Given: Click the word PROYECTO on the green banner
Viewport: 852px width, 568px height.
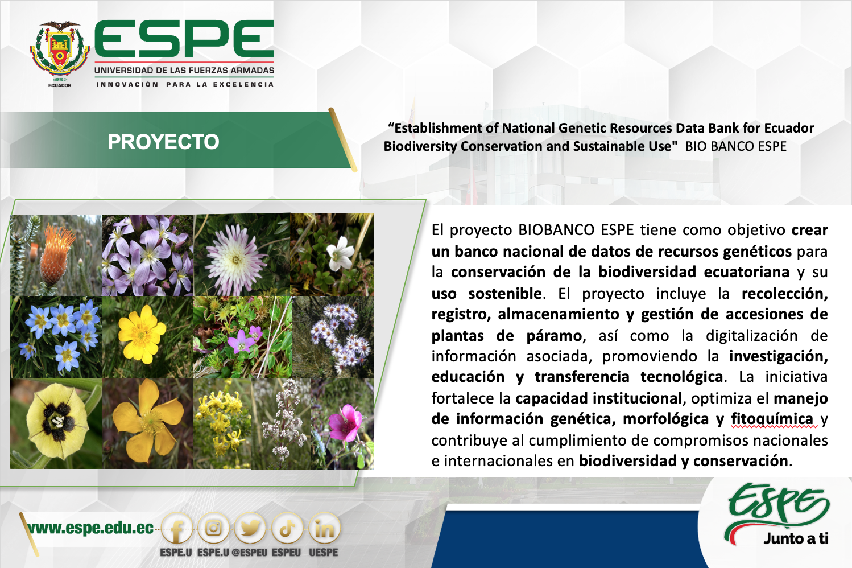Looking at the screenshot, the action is (x=163, y=142).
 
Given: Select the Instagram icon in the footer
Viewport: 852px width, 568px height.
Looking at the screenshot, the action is (x=214, y=528).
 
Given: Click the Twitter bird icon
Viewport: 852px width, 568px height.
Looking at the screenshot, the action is (x=250, y=528).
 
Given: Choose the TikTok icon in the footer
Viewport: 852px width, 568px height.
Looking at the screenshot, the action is (x=287, y=528).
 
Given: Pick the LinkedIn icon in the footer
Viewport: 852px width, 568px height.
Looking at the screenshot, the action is (x=324, y=528).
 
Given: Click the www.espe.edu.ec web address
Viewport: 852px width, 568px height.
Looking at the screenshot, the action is (x=90, y=528).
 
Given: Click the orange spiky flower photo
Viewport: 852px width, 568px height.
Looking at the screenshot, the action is (x=56, y=256).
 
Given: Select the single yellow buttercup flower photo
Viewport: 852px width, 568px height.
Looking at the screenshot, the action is (x=148, y=337).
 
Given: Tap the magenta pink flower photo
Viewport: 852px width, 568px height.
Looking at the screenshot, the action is (x=342, y=423).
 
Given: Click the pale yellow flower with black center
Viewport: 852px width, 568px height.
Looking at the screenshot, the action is (x=56, y=423).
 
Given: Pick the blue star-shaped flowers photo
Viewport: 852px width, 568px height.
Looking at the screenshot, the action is (x=56, y=337).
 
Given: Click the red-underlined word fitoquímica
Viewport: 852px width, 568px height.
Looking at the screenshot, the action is (x=772, y=419).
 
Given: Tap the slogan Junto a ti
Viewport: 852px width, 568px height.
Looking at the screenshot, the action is (x=796, y=538).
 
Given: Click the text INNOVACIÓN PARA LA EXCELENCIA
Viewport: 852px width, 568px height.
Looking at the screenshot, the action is (x=185, y=84).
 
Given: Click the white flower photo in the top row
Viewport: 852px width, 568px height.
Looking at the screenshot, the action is (x=332, y=254).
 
